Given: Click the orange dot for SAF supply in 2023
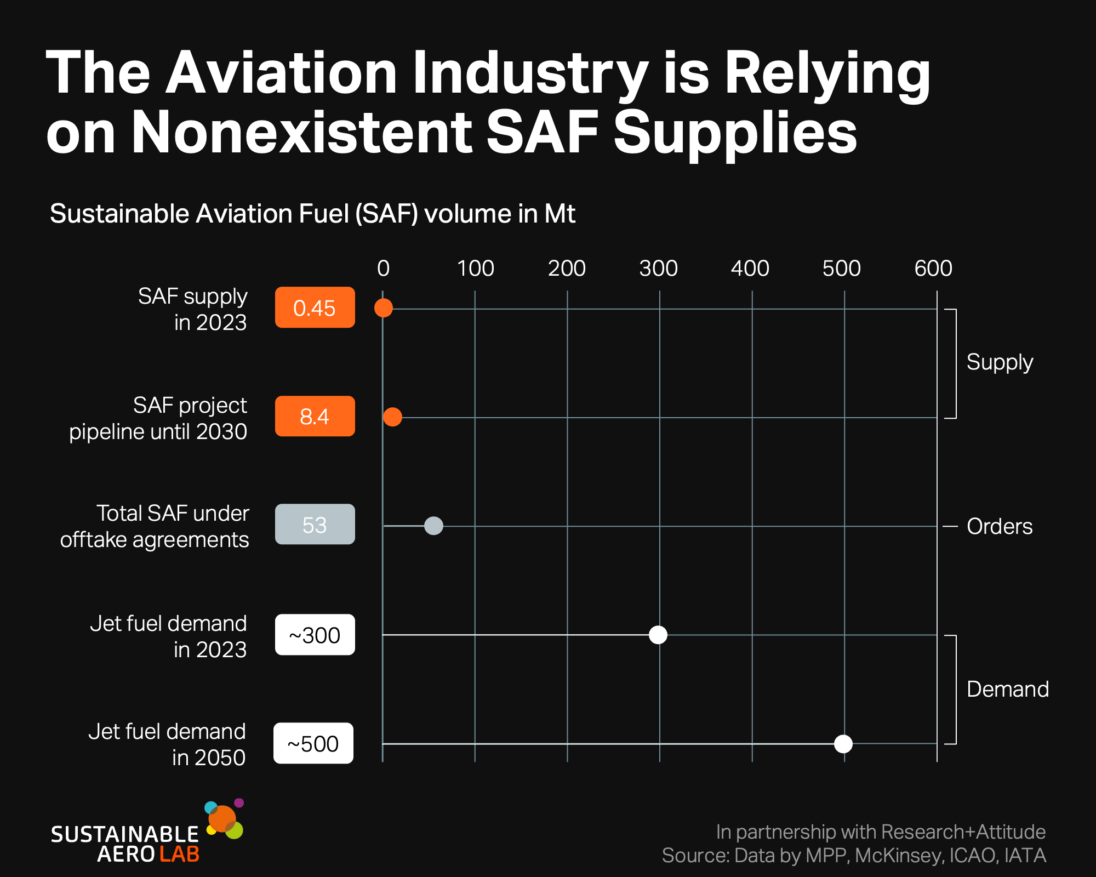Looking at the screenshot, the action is [x=384, y=308].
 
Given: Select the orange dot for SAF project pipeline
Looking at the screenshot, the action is [x=392, y=417].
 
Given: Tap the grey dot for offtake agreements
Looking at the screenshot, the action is [x=433, y=526].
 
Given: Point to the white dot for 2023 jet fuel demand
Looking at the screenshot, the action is [x=658, y=635].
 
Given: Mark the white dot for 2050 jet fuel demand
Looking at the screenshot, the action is [x=843, y=744].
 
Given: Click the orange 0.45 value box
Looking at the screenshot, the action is [x=315, y=307].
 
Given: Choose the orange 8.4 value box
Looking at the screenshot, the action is [x=315, y=416].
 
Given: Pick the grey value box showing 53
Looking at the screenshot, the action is [x=315, y=524].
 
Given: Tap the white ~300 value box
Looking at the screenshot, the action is [x=315, y=635].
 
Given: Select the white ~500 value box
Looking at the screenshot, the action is [x=313, y=743].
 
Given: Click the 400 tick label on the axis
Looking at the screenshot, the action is [x=750, y=269].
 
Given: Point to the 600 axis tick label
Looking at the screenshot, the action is [x=933, y=269].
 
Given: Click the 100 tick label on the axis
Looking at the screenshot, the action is [x=476, y=269].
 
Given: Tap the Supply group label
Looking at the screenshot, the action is [x=1000, y=363].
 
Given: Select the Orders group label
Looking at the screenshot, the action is [x=1000, y=526].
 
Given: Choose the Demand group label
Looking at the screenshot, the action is [x=1008, y=689].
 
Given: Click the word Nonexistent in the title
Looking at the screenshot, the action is [x=301, y=132].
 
